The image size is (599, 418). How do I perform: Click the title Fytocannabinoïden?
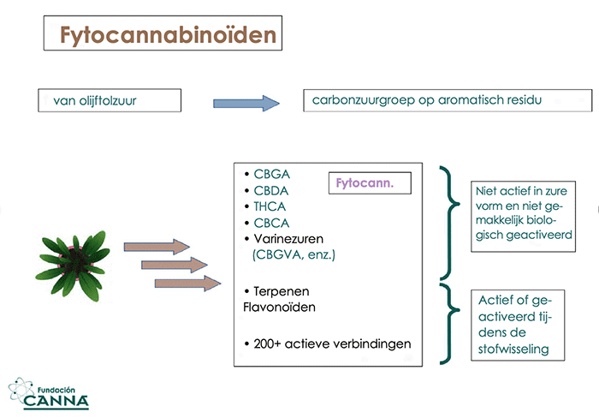pyautogui.click(x=168, y=35)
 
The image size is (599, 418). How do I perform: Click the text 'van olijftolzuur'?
pyautogui.click(x=95, y=100)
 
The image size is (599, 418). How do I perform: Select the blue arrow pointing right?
pyautogui.click(x=246, y=104)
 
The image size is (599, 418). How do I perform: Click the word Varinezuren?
pyautogui.click(x=288, y=239)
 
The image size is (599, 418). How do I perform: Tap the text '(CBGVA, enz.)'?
pyautogui.click(x=294, y=254)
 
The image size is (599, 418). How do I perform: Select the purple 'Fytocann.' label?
pyautogui.click(x=365, y=183)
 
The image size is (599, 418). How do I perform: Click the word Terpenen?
pyautogui.click(x=282, y=291)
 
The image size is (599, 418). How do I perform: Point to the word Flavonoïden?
pyautogui.click(x=279, y=308)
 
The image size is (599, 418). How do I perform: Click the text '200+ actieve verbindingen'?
pyautogui.click(x=332, y=343)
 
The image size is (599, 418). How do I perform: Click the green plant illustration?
pyautogui.click(x=73, y=265)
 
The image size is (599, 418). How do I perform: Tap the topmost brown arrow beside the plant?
pyautogui.click(x=157, y=247)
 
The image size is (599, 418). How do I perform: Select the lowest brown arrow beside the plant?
pyautogui.click(x=187, y=284)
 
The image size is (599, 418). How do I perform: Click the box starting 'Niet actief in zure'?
pyautogui.click(x=523, y=217)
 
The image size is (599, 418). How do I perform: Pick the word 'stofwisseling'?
pyautogui.click(x=513, y=349)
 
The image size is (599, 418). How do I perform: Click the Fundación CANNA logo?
pyautogui.click(x=49, y=393)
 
